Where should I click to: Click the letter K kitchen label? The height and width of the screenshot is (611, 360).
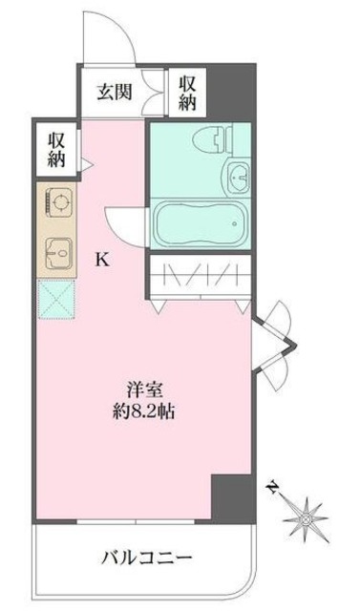99,257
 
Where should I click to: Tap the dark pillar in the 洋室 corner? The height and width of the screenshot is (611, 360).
232,495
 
